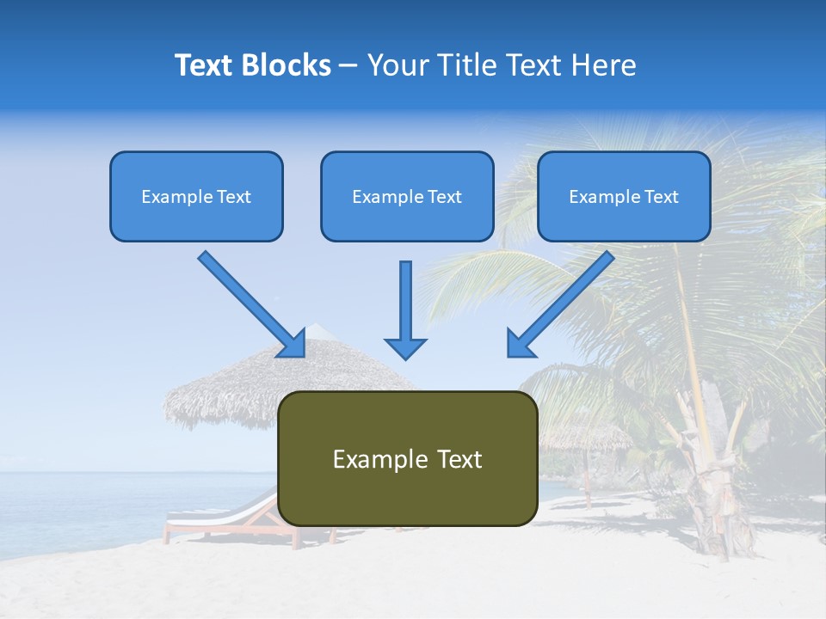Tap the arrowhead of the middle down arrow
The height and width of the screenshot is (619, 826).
405,347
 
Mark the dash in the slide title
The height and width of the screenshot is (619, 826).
348,66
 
